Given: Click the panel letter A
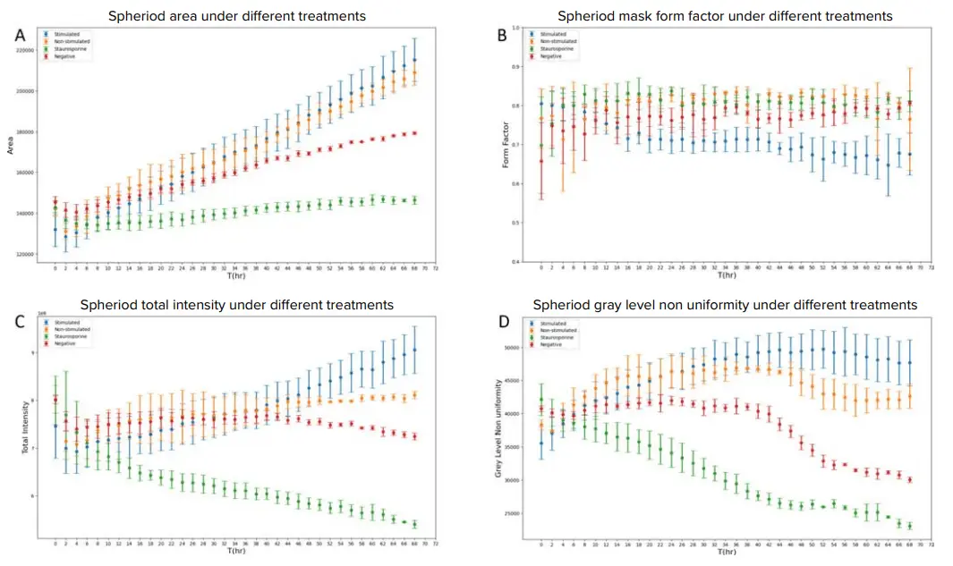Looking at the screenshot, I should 20,35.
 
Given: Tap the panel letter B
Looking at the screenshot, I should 502,35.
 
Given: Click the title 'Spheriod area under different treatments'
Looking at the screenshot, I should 236,16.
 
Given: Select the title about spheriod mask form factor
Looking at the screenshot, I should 725,16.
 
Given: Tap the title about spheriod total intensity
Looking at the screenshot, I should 237,305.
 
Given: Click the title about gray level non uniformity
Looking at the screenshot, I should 725,305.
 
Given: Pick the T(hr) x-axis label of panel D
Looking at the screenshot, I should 725,551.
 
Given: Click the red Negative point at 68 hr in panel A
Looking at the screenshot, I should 415,133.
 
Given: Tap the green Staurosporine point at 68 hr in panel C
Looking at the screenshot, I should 415,524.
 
